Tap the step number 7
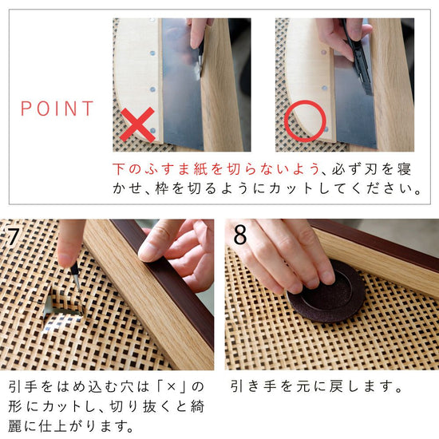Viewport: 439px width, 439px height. pos(14,235)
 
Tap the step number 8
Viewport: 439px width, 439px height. pos(239,235)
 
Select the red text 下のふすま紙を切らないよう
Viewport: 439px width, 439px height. pos(215,170)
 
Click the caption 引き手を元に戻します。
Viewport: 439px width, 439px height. pos(316,387)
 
